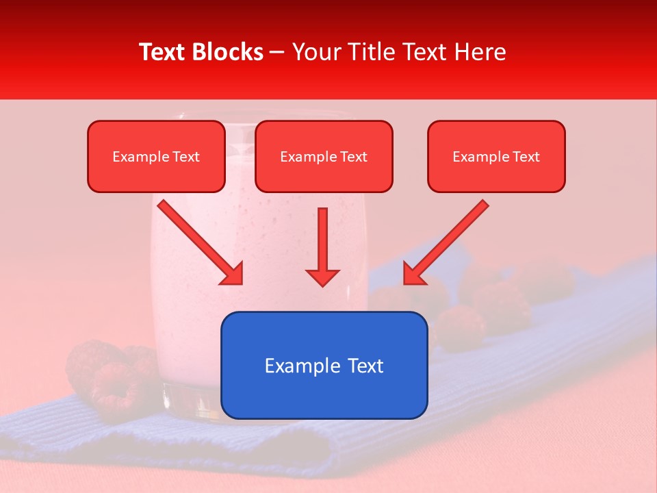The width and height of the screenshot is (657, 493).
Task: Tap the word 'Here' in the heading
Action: [480, 52]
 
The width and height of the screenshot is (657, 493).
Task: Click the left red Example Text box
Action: [156, 156]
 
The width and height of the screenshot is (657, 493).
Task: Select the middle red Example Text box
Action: [324, 156]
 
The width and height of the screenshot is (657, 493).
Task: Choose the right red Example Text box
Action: [496, 156]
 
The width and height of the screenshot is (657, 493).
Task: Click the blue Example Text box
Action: [324, 365]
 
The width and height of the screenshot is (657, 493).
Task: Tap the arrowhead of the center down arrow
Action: [322, 277]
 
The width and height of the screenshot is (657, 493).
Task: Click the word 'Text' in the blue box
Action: [363, 366]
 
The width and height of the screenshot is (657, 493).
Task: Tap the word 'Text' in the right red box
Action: [526, 157]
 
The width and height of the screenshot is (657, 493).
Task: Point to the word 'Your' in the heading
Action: [313, 52]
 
